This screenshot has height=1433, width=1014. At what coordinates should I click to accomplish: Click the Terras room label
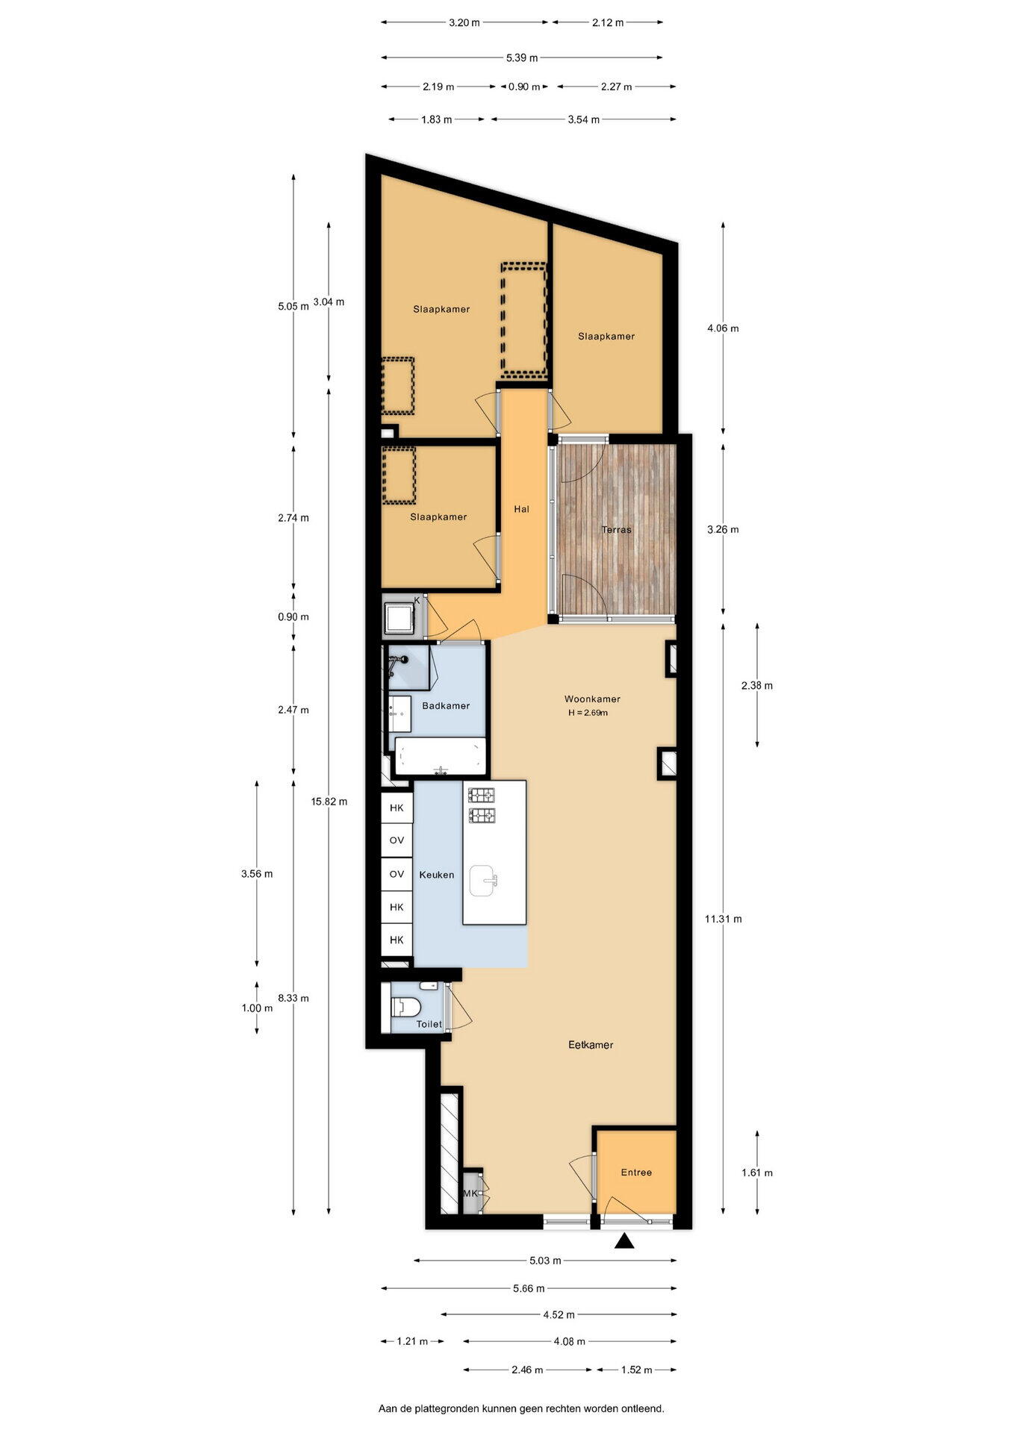click(x=617, y=530)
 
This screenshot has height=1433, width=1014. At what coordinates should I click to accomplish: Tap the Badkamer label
click(x=446, y=705)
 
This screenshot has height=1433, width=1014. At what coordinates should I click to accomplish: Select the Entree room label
click(x=636, y=1173)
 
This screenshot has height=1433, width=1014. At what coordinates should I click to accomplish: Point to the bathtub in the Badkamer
click(x=441, y=756)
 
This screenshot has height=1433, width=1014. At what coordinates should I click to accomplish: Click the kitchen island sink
click(x=485, y=881)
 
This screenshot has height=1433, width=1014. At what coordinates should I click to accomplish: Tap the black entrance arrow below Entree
click(x=624, y=1241)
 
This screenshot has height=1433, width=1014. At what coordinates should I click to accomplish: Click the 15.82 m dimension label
click(x=329, y=802)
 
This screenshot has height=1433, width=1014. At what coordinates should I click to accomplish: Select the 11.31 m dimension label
click(x=723, y=919)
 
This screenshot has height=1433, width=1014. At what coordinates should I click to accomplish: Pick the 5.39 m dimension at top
click(x=522, y=57)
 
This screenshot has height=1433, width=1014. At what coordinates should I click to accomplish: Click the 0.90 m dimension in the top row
click(x=524, y=87)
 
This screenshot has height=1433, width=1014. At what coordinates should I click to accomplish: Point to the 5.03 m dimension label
click(x=545, y=1261)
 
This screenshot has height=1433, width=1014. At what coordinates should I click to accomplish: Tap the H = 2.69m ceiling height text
click(x=588, y=713)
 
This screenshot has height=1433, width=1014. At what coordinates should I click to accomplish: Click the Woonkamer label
click(x=592, y=699)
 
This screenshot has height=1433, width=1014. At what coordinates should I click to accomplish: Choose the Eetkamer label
click(x=591, y=1045)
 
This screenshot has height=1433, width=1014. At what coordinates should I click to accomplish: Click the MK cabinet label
click(x=470, y=1193)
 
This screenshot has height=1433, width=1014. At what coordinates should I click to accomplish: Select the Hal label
click(x=521, y=509)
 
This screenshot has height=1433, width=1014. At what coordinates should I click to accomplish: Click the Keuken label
click(x=437, y=875)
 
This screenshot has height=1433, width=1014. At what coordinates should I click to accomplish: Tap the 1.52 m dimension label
click(x=635, y=1370)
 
